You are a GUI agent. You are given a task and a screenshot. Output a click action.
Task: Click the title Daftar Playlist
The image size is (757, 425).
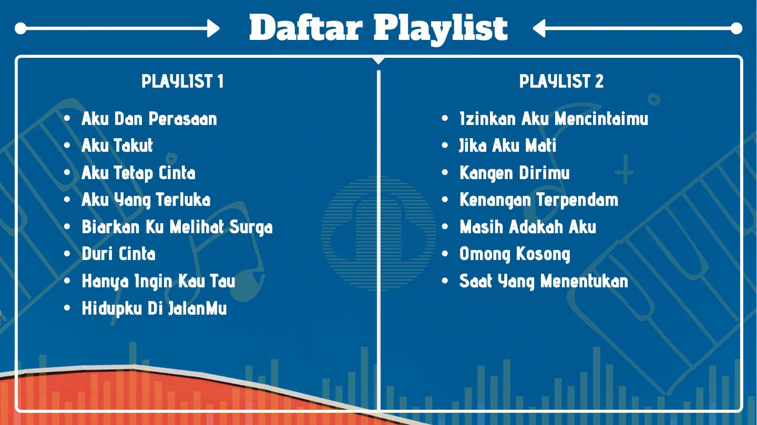378,28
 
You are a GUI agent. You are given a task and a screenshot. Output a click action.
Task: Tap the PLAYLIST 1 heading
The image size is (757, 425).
182,81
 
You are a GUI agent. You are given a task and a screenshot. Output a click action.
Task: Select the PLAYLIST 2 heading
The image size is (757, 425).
561,81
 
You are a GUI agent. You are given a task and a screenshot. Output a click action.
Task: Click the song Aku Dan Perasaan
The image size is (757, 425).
149,119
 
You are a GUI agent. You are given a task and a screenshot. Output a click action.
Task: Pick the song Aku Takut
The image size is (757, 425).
117,146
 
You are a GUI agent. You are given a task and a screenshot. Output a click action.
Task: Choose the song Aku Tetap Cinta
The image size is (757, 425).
138,173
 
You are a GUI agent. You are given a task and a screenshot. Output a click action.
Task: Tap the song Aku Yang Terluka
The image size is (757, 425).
146,200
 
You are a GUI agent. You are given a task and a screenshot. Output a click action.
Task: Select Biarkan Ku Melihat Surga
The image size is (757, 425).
177,227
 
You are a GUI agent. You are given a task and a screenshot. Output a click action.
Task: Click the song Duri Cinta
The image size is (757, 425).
119,254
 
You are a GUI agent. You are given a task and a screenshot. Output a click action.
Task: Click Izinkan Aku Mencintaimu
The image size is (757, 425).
554,119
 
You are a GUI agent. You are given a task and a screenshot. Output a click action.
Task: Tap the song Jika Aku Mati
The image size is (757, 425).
507,146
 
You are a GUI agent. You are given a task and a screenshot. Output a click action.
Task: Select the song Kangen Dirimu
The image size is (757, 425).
514,173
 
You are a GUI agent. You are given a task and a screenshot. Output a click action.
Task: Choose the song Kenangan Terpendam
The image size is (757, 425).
539,200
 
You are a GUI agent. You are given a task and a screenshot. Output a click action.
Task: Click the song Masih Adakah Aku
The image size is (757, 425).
528,227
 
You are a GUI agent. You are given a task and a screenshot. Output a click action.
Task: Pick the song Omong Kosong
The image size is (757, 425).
515,254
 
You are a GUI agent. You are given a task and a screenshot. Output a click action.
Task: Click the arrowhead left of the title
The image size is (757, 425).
213,28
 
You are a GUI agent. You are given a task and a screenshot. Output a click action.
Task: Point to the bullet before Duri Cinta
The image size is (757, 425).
67,254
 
